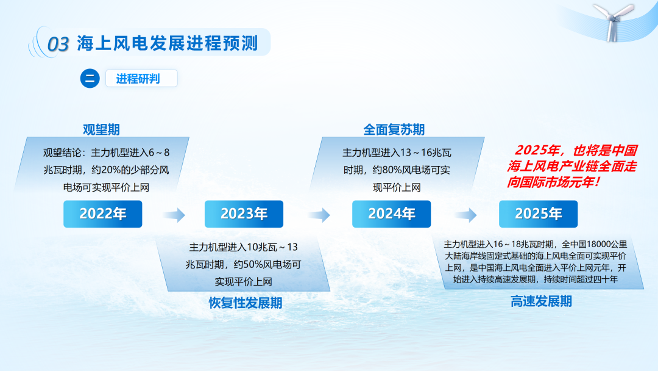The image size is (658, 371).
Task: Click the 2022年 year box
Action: [x=103, y=214]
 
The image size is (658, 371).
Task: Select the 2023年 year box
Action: [x=244, y=214]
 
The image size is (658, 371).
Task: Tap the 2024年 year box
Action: [x=392, y=214]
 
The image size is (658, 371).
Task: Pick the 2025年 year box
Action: [x=539, y=214]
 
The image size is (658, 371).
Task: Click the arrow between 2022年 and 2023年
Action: [x=174, y=215]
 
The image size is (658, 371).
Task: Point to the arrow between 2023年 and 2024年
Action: [x=319, y=215]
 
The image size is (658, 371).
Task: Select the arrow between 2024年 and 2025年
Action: [x=466, y=215]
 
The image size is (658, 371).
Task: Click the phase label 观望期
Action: [x=101, y=129]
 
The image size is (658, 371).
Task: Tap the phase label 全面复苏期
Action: [x=394, y=129]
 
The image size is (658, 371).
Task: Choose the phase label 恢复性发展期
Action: [x=246, y=303]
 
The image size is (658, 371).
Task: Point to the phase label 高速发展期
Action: [x=541, y=301]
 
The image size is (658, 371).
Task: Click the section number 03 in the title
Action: [x=58, y=44]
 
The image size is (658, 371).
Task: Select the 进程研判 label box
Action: [x=141, y=79]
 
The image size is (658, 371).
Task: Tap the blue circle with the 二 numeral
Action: [x=90, y=79]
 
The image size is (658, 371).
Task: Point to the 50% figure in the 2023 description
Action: [x=253, y=264]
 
